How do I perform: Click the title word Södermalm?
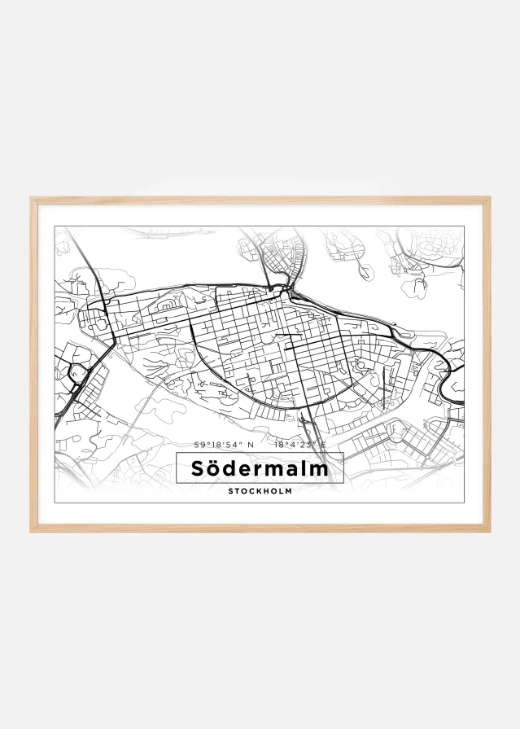(x=260, y=469)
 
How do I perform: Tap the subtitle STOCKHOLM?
(x=260, y=491)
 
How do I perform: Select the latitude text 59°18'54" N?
(x=224, y=445)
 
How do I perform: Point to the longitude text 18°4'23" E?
(x=299, y=445)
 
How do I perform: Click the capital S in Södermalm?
(x=198, y=469)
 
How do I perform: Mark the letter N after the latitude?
(x=251, y=445)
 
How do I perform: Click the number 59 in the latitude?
(x=199, y=445)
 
